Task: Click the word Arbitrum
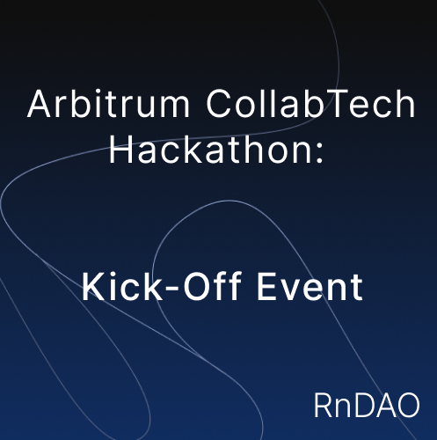click(x=108, y=104)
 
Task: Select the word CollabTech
click(x=310, y=104)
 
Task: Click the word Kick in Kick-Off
click(x=122, y=286)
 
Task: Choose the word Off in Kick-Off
click(x=213, y=286)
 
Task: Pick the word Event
click(x=310, y=287)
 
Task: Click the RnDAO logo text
click(x=367, y=405)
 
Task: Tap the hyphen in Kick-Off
click(x=172, y=289)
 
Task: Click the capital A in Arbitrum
click(x=40, y=104)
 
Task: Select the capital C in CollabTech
click(x=219, y=104)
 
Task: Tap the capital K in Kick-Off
click(x=93, y=287)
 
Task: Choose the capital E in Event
click(x=267, y=287)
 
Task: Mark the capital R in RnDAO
click(x=324, y=405)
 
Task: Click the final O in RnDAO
click(x=408, y=405)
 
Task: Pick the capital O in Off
click(x=197, y=287)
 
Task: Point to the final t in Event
click(x=357, y=289)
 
